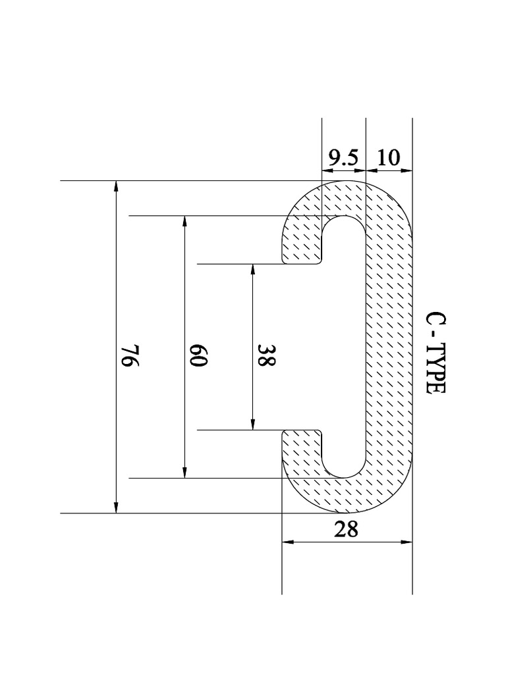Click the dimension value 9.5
coord(343,158)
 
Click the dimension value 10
coord(389,158)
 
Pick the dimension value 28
coord(347,529)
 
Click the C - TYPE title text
coord(437,353)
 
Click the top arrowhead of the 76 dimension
coord(117,186)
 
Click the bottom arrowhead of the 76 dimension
coord(117,507)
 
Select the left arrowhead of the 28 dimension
coord(288,542)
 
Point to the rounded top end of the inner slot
coord(344,219)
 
